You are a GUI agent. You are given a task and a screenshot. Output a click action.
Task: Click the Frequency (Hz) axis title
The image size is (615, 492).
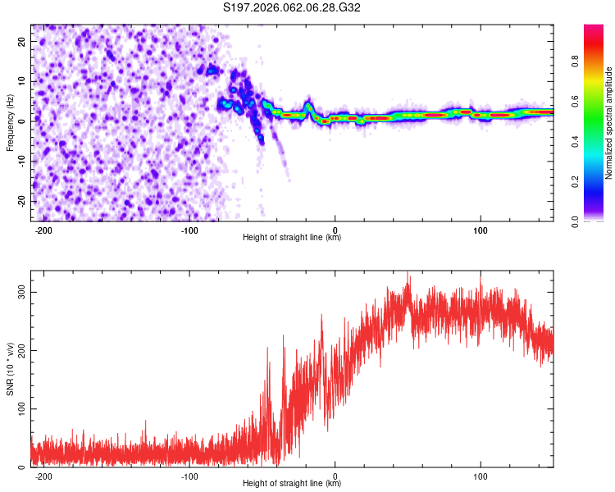(11, 121)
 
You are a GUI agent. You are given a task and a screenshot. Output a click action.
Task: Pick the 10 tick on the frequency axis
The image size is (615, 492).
(22, 82)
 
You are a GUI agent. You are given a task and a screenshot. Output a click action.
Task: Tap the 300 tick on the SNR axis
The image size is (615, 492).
(19, 293)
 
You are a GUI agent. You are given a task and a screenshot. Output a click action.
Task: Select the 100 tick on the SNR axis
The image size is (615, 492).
(19, 409)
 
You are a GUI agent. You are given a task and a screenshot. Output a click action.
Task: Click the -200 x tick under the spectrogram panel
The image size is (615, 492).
(44, 230)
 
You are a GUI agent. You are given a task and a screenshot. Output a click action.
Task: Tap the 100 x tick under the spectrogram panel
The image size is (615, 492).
(480, 230)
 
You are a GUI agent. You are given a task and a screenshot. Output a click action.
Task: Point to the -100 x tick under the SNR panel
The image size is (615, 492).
(189, 476)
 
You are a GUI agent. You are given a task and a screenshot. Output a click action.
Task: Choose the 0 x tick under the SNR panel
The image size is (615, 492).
(336, 476)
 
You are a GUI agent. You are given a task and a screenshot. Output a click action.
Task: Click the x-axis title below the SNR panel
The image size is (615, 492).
(292, 484)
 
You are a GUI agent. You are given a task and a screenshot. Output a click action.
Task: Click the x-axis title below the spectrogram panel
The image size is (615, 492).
(292, 238)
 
